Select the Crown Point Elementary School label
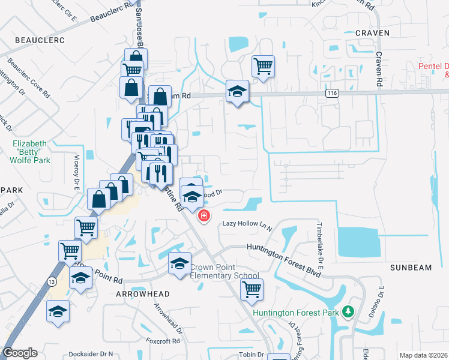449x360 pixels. (x=224, y=271)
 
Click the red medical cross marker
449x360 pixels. (x=203, y=216)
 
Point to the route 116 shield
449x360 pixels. (x=331, y=94)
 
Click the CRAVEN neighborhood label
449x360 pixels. (x=372, y=33)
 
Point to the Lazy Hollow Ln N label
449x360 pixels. (x=247, y=224)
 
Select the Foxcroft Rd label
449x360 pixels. (x=163, y=341)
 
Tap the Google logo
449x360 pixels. (x=20, y=353)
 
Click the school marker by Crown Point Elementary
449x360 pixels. (x=179, y=263)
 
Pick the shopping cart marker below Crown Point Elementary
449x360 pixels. (x=252, y=289)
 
